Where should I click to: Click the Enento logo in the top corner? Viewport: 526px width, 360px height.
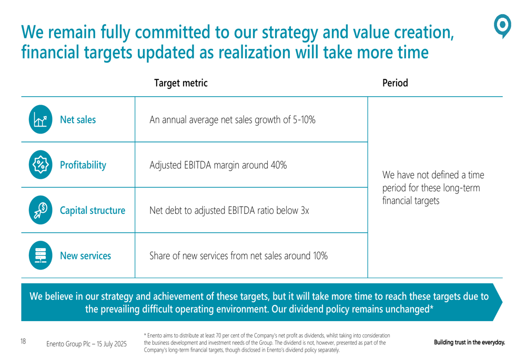503,26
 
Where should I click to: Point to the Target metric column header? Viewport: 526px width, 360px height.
180,83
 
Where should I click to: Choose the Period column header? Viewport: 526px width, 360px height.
395,83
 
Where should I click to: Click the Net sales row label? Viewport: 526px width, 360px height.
78,120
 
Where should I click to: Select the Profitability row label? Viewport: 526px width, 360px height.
83,166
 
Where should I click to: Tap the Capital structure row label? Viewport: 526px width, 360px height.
93,211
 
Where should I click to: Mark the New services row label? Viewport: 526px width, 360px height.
85,256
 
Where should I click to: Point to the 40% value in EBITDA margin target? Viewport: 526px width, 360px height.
277,166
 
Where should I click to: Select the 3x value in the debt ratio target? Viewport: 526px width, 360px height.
304,211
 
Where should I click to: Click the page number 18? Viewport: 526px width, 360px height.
24,342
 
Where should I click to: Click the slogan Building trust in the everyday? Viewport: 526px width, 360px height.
469,343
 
